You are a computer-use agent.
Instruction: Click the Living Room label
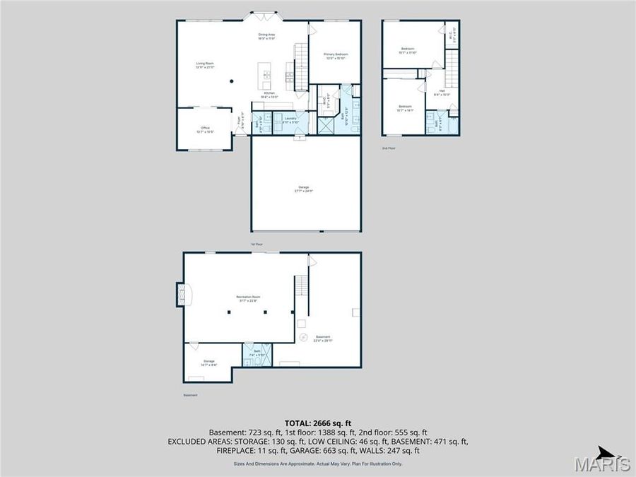tap(205, 64)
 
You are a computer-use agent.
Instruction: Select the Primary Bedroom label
tap(336, 56)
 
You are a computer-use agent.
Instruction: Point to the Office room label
tap(204, 129)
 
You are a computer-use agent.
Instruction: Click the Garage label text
tap(303, 189)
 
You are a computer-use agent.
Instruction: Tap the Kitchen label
tap(269, 95)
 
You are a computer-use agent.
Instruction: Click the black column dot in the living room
tap(231, 81)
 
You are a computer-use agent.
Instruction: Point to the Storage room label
tap(209, 363)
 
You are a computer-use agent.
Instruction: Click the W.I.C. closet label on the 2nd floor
tap(451, 32)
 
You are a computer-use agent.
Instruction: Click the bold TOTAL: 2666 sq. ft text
tap(317, 423)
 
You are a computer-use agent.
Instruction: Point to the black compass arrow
tap(604, 452)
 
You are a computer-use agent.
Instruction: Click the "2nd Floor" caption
tap(389, 148)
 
